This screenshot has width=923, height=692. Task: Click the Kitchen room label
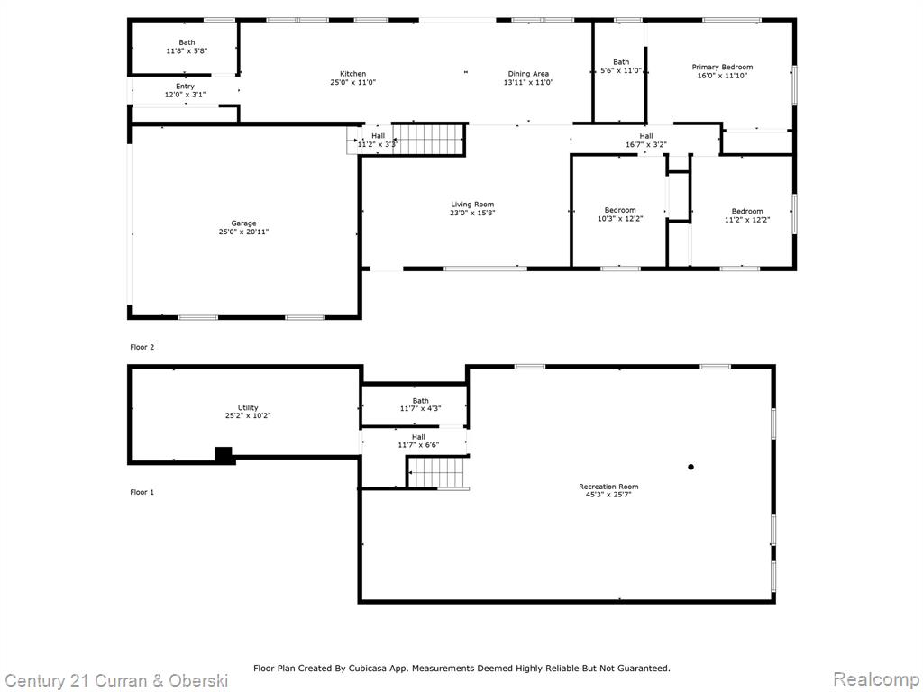pos(353,74)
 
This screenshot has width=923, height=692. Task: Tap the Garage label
pos(243,223)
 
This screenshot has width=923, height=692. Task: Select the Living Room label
pos(472,205)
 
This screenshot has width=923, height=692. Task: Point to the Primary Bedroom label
pos(722,67)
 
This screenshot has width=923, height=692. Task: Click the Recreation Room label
pos(608,487)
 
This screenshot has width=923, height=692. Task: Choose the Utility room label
pos(248,408)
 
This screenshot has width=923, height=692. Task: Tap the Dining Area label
pos(528,74)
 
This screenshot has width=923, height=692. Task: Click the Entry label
pos(186,86)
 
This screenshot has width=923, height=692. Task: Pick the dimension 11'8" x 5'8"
pos(187,51)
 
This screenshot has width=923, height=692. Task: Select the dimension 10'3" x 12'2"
pos(620,219)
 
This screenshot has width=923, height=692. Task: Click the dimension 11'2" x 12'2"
pos(747,220)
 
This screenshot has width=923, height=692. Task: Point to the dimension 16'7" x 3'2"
pos(646,145)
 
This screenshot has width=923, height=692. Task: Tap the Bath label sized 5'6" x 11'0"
pos(621,62)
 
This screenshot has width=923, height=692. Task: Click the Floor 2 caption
pos(142,347)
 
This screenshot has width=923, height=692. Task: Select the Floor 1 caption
pos(142,492)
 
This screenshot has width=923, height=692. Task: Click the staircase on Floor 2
pos(428,140)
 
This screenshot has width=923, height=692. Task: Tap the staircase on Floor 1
pos(439,472)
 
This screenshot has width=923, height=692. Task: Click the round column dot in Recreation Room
pos(691,468)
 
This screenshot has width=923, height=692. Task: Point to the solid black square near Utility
pos(224,455)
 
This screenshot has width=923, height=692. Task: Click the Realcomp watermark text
pos(877,679)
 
